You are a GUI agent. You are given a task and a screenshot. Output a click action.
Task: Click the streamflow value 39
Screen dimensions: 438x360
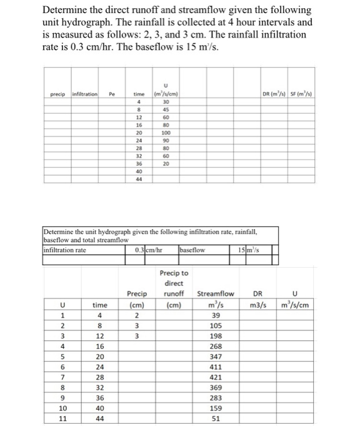214,316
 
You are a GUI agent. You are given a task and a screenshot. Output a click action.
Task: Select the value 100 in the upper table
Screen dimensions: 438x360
166,133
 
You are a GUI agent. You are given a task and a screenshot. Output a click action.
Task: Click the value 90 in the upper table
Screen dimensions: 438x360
166,140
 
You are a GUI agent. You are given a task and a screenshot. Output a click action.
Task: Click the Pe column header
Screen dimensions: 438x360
112,93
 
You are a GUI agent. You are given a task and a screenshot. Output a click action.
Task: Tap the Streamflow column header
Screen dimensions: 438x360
216,293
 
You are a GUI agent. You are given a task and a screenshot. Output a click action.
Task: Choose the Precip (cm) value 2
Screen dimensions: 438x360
136,316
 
